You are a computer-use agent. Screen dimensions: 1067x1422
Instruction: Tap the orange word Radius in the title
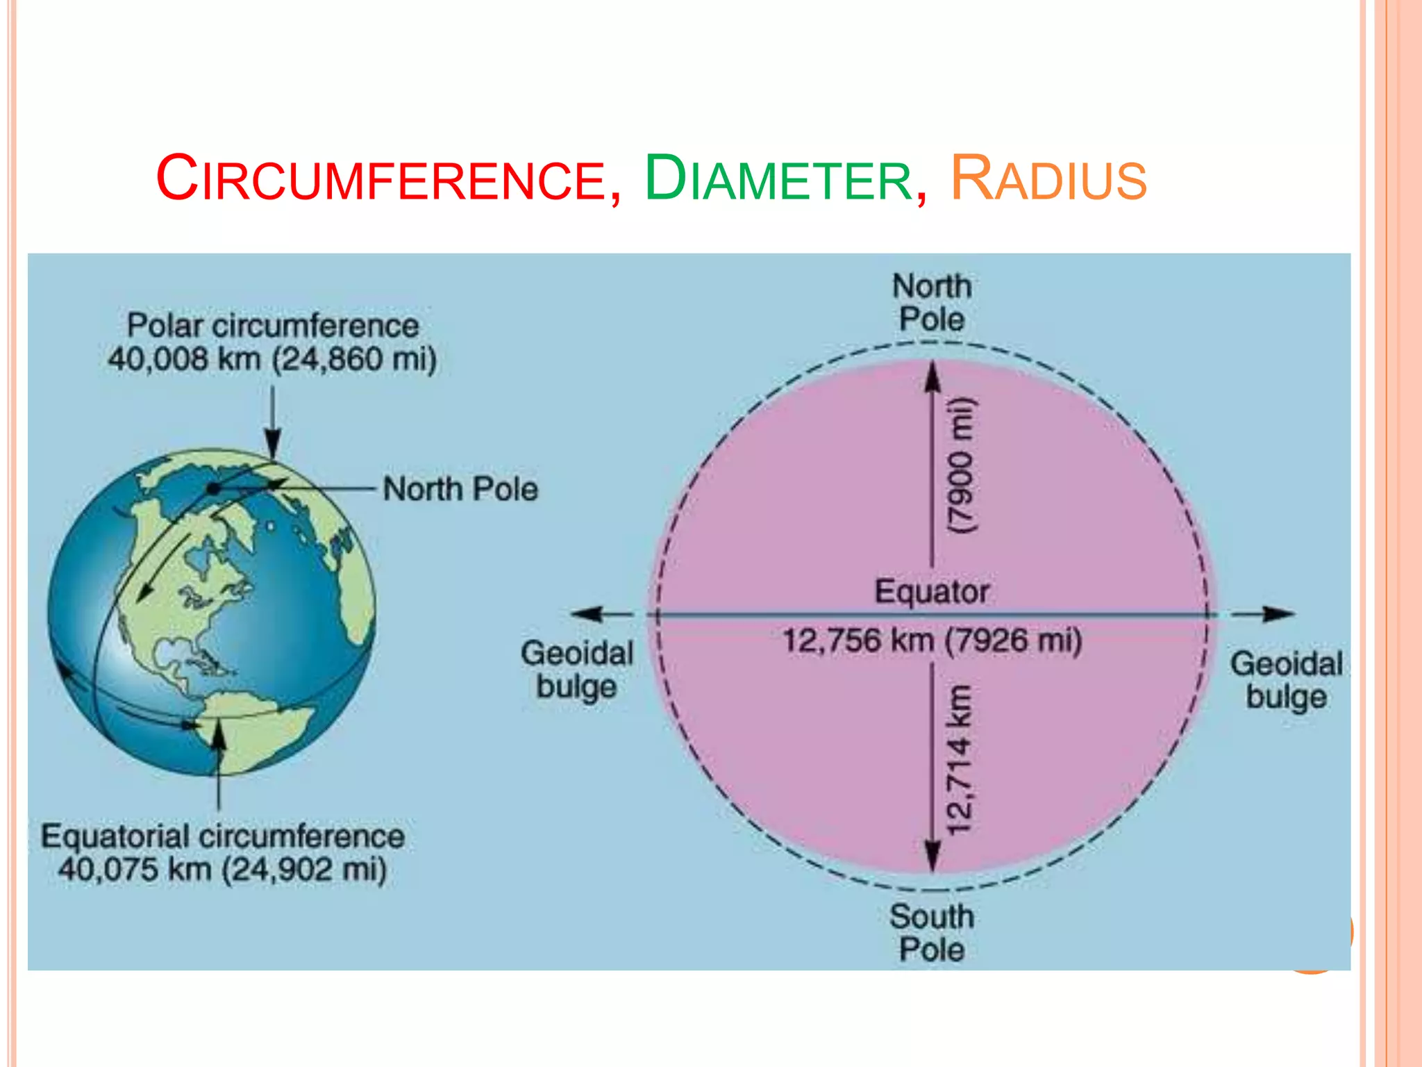pyautogui.click(x=1048, y=179)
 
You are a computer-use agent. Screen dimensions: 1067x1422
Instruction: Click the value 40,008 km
pyautogui.click(x=184, y=359)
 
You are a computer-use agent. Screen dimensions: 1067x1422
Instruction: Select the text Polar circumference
pyautogui.click(x=273, y=326)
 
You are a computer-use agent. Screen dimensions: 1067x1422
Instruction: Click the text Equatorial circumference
pyautogui.click(x=222, y=836)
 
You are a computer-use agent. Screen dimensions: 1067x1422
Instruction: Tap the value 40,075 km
pyautogui.click(x=135, y=869)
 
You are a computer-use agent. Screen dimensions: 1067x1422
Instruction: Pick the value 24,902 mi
pyautogui.click(x=304, y=869)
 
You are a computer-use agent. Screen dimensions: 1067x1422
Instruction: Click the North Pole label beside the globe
pyautogui.click(x=460, y=489)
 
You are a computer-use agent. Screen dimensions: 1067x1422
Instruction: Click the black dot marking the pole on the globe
pyautogui.click(x=214, y=489)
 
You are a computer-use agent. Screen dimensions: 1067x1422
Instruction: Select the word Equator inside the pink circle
pyautogui.click(x=932, y=592)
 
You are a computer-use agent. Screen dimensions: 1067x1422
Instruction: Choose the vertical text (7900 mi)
pyautogui.click(x=962, y=465)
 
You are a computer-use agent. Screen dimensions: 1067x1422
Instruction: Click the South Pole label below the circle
pyautogui.click(x=932, y=933)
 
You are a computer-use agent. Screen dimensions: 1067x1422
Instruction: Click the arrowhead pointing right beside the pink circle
pyautogui.click(x=1279, y=614)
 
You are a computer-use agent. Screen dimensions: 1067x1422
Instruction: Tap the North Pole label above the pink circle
pyautogui.click(x=932, y=303)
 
